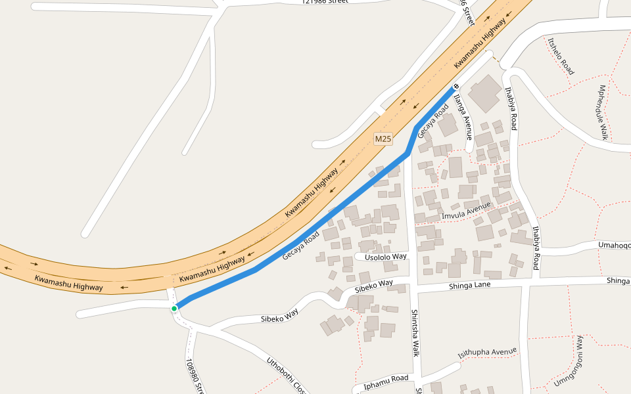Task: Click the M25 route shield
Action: coord(383,139)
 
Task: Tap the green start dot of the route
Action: coord(174,308)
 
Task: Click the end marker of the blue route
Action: coord(455,87)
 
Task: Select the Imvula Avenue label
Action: coord(467,211)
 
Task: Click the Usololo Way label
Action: coord(386,256)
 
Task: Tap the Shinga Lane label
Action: coord(470,285)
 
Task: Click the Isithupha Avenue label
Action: coord(488,353)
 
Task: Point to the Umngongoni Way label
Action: coord(568,361)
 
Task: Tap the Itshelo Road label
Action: coord(561,56)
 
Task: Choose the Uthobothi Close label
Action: coord(287,375)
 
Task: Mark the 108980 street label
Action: coord(195,376)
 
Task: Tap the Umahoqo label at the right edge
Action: coord(614,245)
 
